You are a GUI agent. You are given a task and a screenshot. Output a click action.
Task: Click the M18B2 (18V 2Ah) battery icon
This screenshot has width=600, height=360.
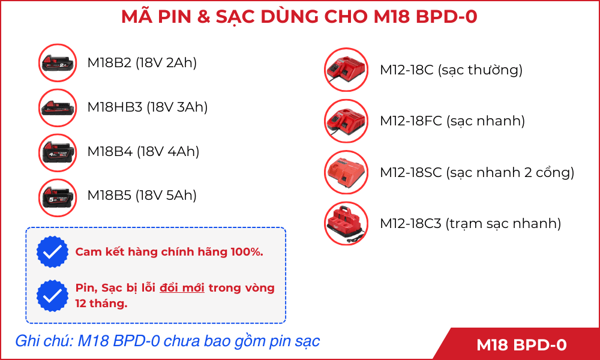pyautogui.click(x=58, y=63)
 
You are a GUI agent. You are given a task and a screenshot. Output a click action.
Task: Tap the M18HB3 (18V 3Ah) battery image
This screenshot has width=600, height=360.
pyautogui.click(x=58, y=107)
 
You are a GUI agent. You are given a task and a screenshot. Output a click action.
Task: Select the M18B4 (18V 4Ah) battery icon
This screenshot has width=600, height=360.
pyautogui.click(x=58, y=152)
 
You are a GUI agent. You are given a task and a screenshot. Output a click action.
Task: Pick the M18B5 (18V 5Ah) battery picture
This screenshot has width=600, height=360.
pyautogui.click(x=58, y=197)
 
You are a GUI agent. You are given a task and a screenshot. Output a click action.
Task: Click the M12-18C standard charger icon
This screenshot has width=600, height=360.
pyautogui.click(x=346, y=70)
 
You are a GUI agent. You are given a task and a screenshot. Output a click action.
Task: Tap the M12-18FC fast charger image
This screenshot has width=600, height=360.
pyautogui.click(x=346, y=121)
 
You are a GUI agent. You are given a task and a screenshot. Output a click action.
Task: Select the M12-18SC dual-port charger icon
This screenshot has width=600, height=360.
pyautogui.click(x=346, y=172)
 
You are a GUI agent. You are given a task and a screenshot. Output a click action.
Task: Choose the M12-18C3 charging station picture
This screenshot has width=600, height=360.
pyautogui.click(x=346, y=223)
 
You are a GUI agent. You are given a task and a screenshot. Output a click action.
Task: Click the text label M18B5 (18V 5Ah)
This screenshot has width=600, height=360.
pyautogui.click(x=142, y=196)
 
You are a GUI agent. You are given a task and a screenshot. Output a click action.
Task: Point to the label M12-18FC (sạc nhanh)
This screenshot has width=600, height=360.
pyautogui.click(x=452, y=121)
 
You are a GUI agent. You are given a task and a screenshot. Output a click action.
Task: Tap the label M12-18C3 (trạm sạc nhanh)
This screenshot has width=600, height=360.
pyautogui.click(x=470, y=223)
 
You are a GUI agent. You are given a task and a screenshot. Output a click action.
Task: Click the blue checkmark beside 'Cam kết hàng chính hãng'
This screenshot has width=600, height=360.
pyautogui.click(x=52, y=252)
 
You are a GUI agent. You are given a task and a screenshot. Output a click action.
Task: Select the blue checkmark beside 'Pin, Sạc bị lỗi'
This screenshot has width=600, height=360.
pyautogui.click(x=52, y=295)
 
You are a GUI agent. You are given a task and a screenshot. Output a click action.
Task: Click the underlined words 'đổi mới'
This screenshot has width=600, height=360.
pyautogui.click(x=182, y=287)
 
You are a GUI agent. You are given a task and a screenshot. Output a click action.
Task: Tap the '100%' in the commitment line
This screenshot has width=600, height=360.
pyautogui.click(x=247, y=252)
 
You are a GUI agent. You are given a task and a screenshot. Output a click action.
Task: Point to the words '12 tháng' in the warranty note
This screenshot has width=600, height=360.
pyautogui.click(x=101, y=304)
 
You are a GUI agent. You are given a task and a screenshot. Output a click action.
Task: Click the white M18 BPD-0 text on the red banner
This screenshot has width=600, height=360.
pyautogui.click(x=521, y=345)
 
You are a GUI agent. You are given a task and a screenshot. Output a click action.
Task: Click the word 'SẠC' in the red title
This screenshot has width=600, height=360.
pyautogui.click(x=237, y=17)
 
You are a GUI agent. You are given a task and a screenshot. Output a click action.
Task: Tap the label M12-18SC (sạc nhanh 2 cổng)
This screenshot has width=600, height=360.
pyautogui.click(x=477, y=173)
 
